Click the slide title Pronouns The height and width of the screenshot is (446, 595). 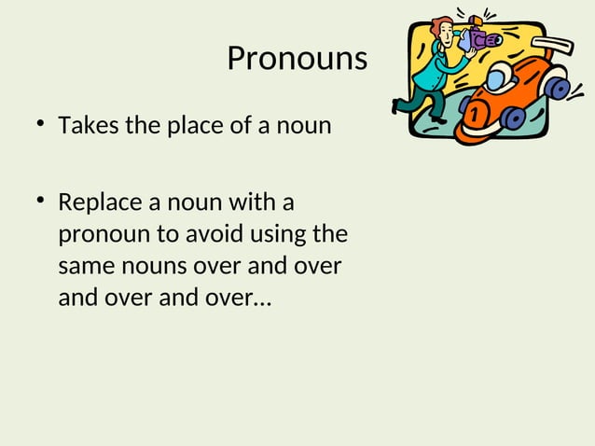click(x=297, y=59)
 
